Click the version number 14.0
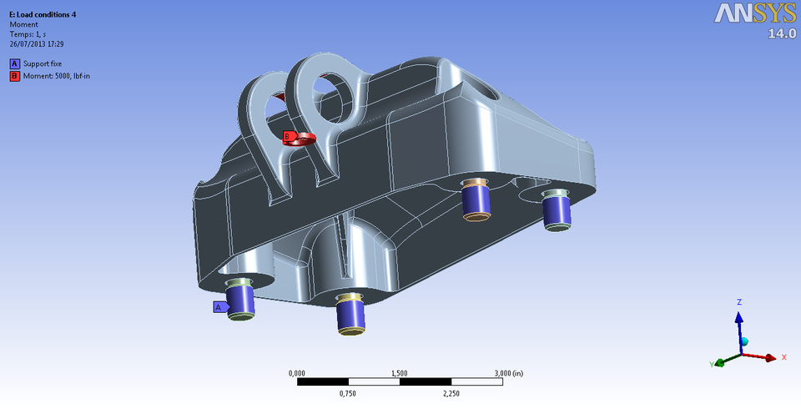tap(780, 33)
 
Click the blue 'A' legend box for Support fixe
tap(14, 63)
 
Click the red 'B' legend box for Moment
tap(14, 76)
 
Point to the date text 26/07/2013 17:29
tap(37, 43)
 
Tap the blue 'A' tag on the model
tap(219, 306)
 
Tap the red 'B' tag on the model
tap(288, 135)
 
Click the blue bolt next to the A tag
tap(241, 300)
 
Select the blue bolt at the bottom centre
tap(350, 314)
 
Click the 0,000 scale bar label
tap(297, 372)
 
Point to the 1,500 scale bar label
tap(400, 372)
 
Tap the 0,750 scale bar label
tap(349, 393)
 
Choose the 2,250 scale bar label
tap(451, 393)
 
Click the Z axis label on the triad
tap(738, 301)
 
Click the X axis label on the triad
tap(784, 357)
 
